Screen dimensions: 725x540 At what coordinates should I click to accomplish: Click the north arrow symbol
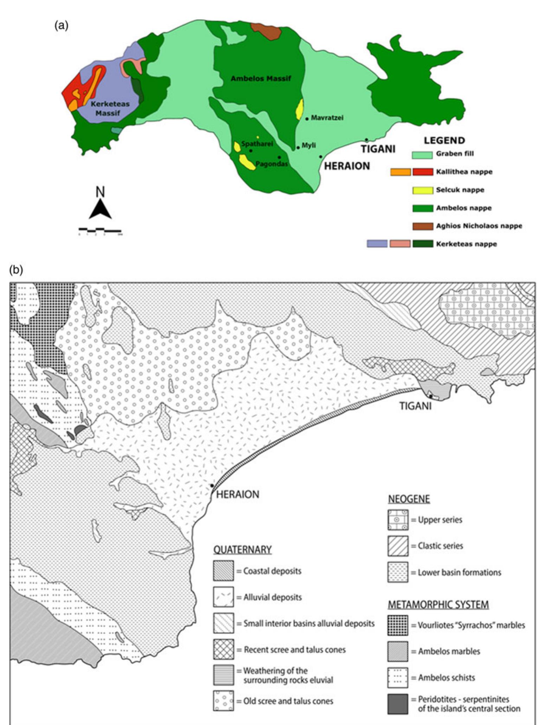(100, 209)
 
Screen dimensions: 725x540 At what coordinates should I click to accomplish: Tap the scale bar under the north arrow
(100, 231)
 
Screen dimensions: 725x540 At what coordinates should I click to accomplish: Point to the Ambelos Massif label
(261, 78)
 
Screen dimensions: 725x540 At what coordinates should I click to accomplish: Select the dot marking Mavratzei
(307, 119)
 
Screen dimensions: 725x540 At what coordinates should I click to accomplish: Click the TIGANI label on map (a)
(378, 149)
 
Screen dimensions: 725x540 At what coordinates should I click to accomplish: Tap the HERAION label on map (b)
(238, 494)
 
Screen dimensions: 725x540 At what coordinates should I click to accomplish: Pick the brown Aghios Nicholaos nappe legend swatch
(422, 226)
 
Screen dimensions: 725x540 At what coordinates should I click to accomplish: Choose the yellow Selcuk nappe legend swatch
(422, 190)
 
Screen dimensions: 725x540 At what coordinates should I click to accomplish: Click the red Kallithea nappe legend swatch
(423, 172)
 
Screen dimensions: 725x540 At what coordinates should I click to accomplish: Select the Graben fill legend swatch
(422, 154)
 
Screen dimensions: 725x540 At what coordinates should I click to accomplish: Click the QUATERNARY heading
(242, 549)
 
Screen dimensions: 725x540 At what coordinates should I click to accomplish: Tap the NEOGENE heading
(409, 499)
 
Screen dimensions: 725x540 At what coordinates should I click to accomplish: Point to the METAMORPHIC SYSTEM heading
(438, 605)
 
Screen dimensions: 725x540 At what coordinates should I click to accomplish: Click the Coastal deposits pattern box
(223, 571)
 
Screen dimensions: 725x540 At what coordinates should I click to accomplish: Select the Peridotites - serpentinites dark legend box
(398, 704)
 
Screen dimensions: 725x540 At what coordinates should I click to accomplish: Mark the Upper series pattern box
(398, 520)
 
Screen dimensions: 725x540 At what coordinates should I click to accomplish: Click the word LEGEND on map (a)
(444, 141)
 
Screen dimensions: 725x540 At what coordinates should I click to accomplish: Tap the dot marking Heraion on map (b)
(212, 485)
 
